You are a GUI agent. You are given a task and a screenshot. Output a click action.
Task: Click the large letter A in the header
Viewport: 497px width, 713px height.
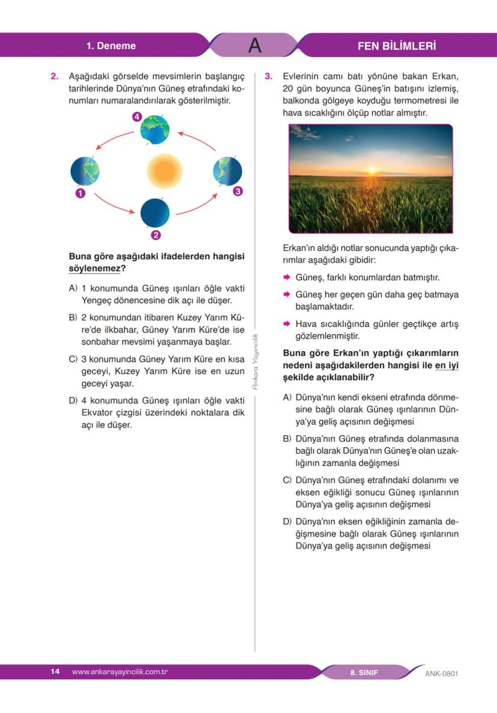pos(255,46)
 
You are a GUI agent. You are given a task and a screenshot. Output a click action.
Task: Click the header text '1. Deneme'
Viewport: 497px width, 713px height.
pos(111,46)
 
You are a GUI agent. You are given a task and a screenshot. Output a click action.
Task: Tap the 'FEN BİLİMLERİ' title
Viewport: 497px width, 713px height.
pos(396,46)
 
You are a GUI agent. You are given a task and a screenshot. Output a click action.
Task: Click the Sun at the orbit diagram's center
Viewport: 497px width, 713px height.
pos(164,170)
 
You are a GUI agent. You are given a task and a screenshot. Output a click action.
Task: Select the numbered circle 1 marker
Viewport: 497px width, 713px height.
pos(79,193)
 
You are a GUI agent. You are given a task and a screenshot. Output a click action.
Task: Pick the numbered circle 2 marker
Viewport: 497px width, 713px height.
pos(155,235)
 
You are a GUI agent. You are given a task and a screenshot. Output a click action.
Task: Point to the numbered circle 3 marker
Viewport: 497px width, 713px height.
pos(238,191)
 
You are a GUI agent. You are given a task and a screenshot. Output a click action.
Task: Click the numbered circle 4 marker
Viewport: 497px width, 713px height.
pos(137,117)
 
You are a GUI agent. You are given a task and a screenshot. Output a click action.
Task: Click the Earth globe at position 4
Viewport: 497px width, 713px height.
pos(155,130)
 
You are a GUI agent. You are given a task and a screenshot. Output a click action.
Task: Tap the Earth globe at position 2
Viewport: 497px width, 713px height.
pos(155,212)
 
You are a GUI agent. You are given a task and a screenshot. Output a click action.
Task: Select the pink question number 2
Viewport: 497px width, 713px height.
pos(54,77)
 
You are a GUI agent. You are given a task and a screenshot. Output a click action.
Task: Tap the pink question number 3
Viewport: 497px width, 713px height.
pos(268,77)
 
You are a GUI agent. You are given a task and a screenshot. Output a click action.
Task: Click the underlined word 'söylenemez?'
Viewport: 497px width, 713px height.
pos(97,268)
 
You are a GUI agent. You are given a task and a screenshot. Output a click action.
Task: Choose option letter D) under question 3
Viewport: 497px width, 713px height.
pos(287,521)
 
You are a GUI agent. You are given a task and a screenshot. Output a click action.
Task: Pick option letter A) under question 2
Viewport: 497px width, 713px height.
pos(73,288)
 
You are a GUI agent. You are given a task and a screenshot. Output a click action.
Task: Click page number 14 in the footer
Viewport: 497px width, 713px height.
pos(55,672)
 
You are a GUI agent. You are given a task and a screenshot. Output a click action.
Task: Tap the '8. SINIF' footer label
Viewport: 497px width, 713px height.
pos(364,672)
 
